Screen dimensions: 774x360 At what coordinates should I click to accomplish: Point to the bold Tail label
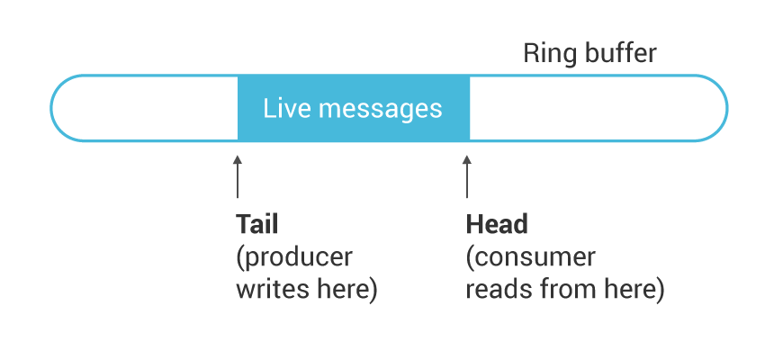tap(257, 224)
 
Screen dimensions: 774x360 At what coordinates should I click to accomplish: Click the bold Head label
tap(497, 224)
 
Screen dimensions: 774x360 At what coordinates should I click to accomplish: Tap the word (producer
tap(294, 257)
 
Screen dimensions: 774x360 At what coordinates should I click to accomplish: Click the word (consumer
tap(531, 257)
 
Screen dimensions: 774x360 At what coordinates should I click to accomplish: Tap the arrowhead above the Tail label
tap(238, 159)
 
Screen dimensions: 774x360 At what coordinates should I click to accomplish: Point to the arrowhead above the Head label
tap(467, 159)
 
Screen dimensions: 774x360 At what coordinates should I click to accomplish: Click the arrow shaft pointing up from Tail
tap(238, 181)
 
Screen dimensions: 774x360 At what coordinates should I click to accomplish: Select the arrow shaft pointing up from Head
tap(467, 181)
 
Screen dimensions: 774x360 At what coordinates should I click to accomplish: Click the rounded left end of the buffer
tap(51, 108)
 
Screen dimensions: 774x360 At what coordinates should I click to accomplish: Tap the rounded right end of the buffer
tap(726, 108)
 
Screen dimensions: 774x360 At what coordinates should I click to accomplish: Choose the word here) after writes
tap(345, 290)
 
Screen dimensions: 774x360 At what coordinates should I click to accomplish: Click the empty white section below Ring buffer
tap(592, 108)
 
